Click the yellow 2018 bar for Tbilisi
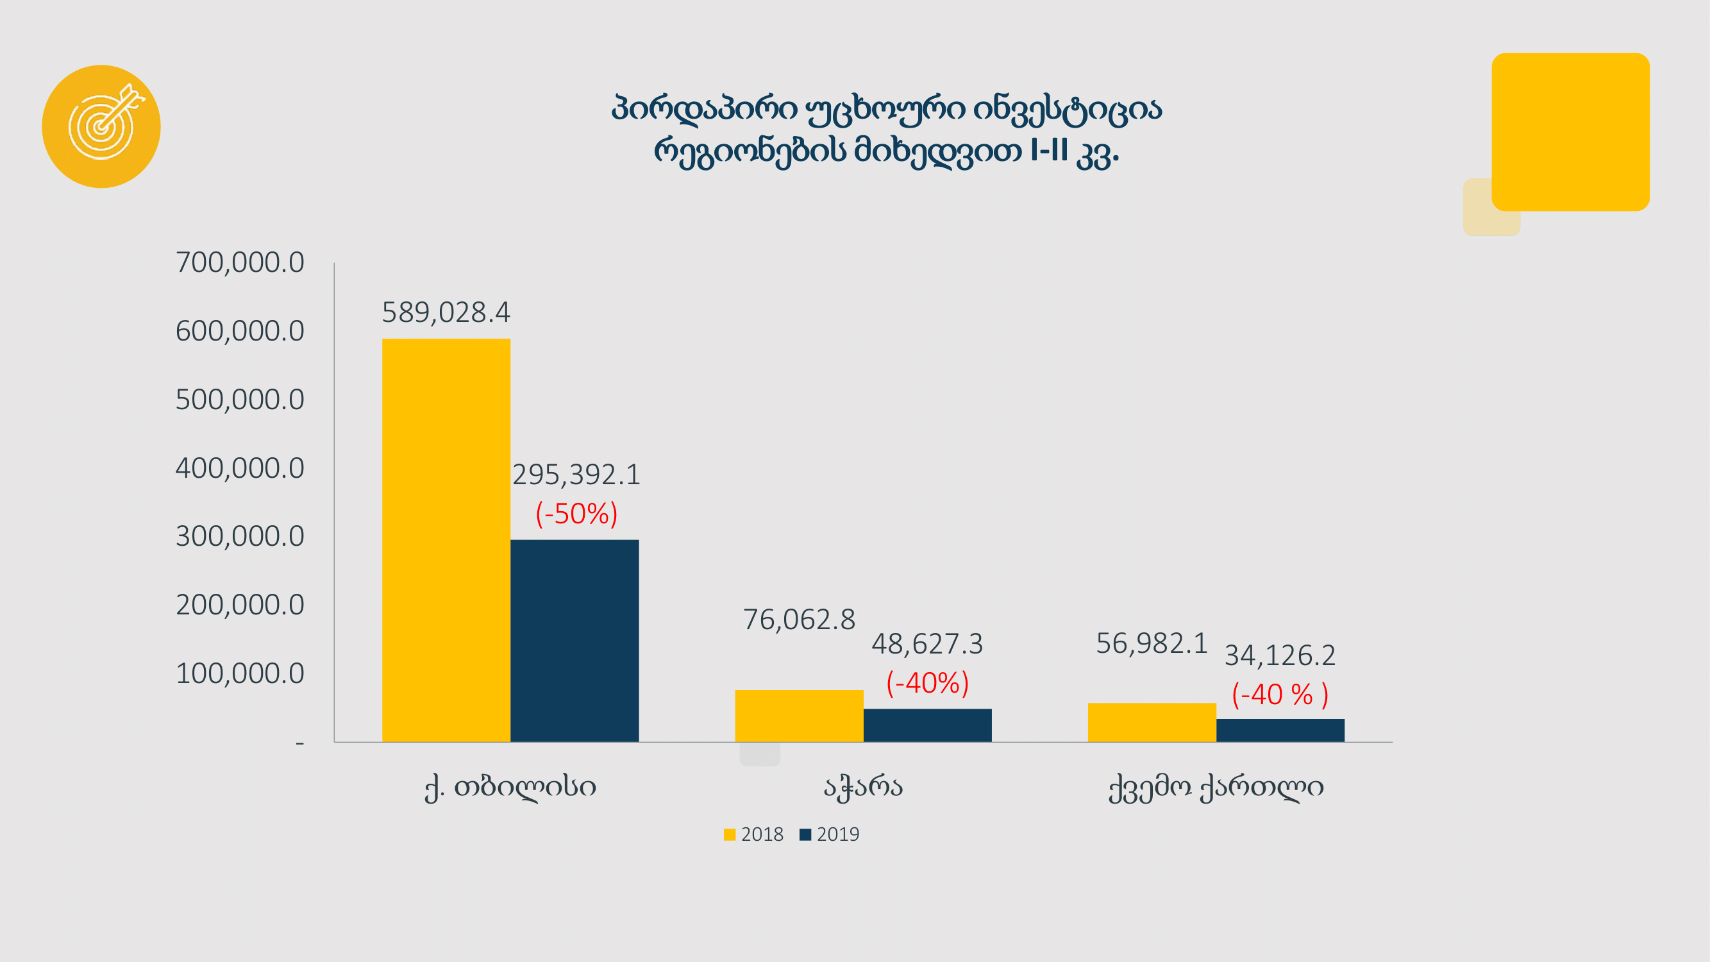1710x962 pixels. tap(446, 540)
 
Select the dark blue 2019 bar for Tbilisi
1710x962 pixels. tap(574, 640)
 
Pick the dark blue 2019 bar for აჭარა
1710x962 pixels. tap(927, 725)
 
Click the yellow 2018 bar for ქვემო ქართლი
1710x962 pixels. tap(1152, 722)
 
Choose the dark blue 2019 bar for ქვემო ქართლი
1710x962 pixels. tap(1280, 730)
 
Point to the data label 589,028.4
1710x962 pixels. tap(446, 313)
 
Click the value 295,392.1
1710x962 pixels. tap(576, 475)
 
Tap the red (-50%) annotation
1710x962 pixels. tap(576, 514)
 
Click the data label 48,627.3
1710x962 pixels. tap(926, 644)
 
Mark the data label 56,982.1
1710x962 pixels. tap(1151, 643)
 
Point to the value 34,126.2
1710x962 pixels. tap(1279, 656)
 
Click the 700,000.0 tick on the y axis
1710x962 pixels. tap(240, 263)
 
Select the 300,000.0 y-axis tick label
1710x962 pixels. tap(240, 536)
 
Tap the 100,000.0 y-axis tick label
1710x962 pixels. tap(240, 674)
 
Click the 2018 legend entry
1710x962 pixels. tap(753, 834)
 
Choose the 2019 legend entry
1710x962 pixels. tap(829, 834)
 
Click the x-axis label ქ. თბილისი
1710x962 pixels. tap(510, 788)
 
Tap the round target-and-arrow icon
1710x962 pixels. tap(101, 126)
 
